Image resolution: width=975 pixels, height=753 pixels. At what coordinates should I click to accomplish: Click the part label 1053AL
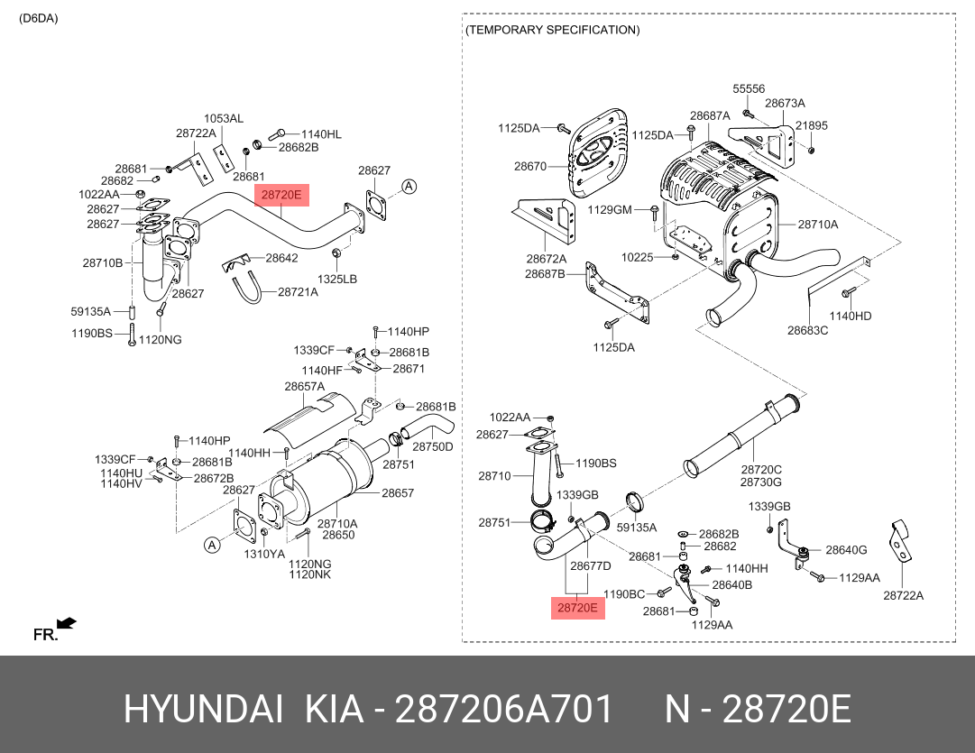coord(224,118)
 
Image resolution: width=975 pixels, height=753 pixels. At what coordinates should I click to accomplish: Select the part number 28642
coord(281,258)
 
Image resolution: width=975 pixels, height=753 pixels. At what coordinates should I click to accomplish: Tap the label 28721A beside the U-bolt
coord(298,291)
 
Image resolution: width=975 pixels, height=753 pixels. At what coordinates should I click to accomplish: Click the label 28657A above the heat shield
coord(305,386)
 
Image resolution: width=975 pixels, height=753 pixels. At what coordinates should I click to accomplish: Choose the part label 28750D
coord(433,446)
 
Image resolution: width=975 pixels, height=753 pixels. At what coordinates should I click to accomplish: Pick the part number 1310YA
coord(264,554)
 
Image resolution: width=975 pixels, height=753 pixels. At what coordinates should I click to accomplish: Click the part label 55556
coord(749,88)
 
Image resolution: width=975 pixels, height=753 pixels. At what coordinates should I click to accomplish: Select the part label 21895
coord(811,126)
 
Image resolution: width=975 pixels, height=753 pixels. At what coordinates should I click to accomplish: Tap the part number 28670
coord(530,166)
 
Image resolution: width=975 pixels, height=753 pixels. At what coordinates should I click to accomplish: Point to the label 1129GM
coord(610,209)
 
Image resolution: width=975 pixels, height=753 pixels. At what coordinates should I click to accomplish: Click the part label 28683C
coord(807,330)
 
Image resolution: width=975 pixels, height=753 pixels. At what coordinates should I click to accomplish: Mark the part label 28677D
coord(590,565)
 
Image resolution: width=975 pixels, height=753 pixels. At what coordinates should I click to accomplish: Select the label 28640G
coord(845,550)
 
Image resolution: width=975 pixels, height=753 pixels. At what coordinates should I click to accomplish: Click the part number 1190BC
coord(624,594)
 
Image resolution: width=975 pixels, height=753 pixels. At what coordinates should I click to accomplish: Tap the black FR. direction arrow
coord(66,623)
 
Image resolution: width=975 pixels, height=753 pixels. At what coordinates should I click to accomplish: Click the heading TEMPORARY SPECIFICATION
coord(553,30)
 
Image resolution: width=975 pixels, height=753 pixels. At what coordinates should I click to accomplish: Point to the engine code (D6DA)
coord(38,18)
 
